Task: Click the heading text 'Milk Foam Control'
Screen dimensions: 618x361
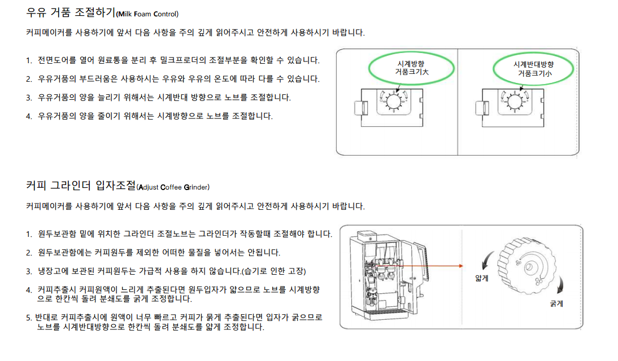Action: pos(148,14)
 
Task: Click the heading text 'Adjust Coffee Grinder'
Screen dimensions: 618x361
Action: pos(173,187)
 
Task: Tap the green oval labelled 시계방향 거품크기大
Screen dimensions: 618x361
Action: pos(411,68)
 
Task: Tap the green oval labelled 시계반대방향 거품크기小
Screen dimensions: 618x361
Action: pos(533,69)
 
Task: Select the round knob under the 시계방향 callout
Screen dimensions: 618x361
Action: pos(393,102)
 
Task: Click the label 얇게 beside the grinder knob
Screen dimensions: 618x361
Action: pos(482,278)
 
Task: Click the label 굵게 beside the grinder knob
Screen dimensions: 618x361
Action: pos(556,303)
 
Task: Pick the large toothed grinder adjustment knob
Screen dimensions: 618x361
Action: pos(527,266)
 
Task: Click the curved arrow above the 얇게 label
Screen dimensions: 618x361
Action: pos(487,260)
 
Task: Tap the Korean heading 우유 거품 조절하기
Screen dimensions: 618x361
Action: pos(71,12)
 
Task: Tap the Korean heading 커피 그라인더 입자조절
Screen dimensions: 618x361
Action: pos(81,186)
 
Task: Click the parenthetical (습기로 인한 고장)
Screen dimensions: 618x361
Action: pos(273,271)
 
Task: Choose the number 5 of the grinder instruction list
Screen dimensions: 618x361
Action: pos(28,318)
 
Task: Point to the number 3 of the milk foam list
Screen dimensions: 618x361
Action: pos(28,98)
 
